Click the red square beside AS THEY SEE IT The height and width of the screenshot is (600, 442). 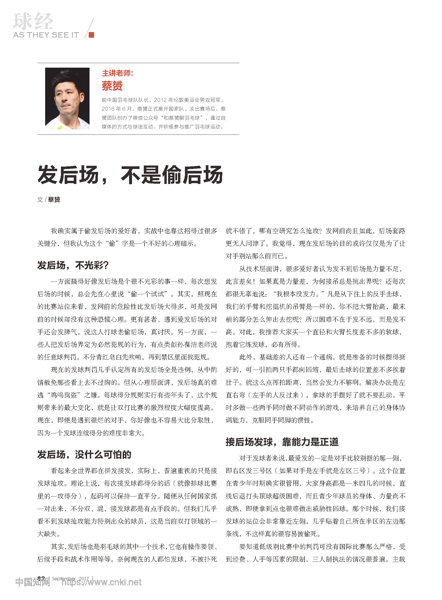click(91, 35)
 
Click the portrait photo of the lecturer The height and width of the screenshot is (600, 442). click(67, 98)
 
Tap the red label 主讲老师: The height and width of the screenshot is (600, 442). click(118, 73)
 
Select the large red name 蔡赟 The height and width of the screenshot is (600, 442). click(112, 86)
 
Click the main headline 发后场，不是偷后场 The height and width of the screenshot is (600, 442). click(130, 175)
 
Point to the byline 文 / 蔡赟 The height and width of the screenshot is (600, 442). click(49, 199)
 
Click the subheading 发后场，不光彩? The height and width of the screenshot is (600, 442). click(73, 265)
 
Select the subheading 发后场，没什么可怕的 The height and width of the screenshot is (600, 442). click(84, 454)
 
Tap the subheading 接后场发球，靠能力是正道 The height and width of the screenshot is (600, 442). click(282, 442)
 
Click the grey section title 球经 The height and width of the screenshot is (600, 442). click(33, 21)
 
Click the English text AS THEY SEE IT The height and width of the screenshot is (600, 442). click(46, 35)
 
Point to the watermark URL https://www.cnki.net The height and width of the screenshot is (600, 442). click(102, 582)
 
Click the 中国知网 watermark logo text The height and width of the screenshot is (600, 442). click(33, 582)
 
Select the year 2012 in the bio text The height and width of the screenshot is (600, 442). click(161, 100)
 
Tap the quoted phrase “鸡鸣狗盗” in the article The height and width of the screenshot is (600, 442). click(64, 395)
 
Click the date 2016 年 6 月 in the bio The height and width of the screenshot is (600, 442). click(117, 109)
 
